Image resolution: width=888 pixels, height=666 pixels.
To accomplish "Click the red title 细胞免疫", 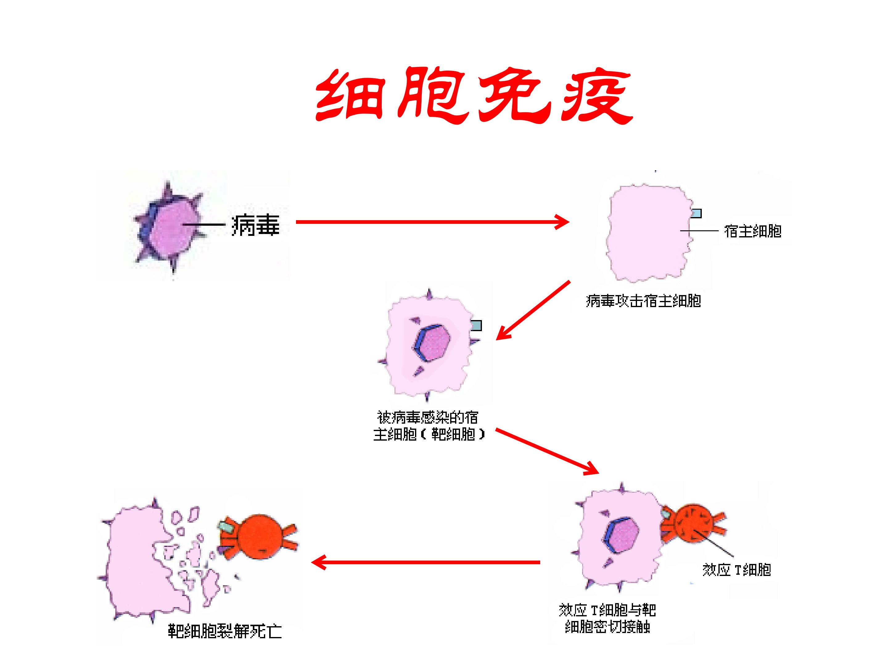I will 474,96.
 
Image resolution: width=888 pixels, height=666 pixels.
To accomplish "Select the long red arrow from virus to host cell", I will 432,222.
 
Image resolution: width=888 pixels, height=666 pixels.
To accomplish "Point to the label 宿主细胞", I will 752,231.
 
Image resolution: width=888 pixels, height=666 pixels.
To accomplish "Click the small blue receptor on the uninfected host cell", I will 696,213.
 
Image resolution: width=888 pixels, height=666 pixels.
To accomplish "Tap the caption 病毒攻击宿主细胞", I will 643,301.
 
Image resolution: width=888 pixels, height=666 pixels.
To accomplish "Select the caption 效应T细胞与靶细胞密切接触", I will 607,618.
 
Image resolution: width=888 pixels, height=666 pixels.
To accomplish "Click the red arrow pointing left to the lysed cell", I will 425,562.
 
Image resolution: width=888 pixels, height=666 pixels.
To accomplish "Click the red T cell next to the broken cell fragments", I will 259,536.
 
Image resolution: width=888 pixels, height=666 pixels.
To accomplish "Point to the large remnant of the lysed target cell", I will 137,562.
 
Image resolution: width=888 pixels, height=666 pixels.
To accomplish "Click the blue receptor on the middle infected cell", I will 476,325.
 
